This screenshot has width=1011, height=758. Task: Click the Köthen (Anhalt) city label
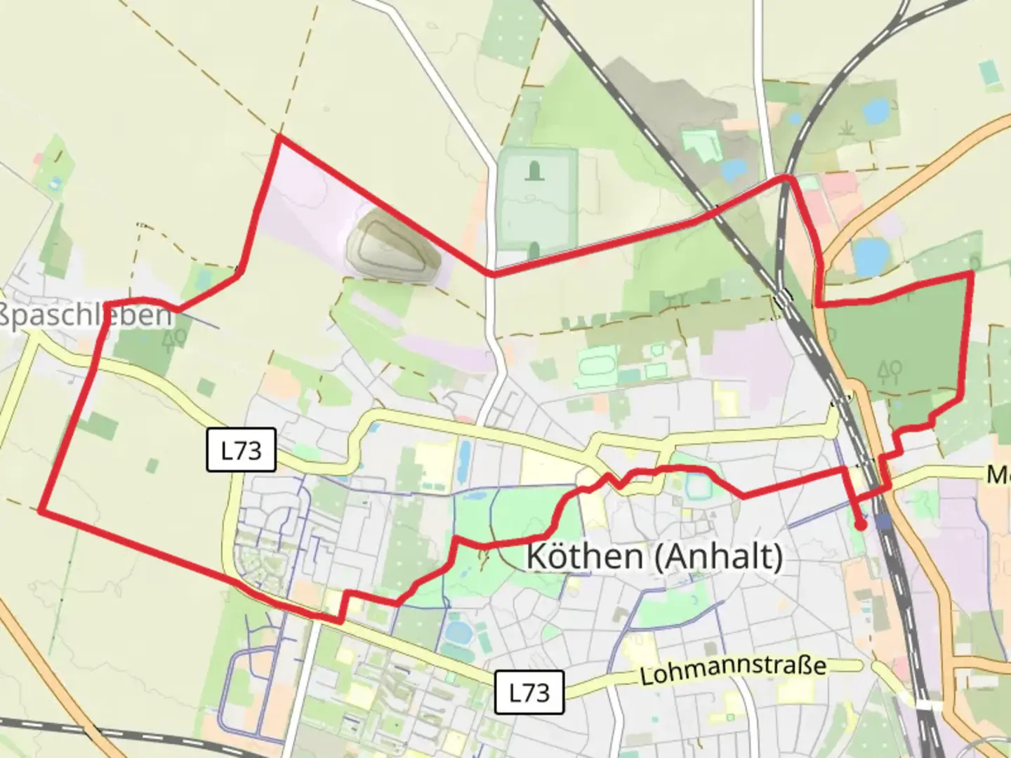click(654, 557)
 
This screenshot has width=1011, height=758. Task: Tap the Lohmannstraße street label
click(733, 670)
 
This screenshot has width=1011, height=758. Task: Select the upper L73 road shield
click(241, 450)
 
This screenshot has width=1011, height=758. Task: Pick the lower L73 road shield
click(529, 693)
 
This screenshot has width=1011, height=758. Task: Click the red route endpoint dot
click(860, 524)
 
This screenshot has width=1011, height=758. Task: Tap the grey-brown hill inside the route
click(393, 247)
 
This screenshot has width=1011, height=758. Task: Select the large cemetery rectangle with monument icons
click(536, 199)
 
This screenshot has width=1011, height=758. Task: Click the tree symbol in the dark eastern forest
click(890, 370)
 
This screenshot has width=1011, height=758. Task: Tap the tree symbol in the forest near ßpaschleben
click(173, 339)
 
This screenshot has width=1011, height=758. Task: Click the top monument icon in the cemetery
click(535, 170)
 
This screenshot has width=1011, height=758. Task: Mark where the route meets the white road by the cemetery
click(493, 274)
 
